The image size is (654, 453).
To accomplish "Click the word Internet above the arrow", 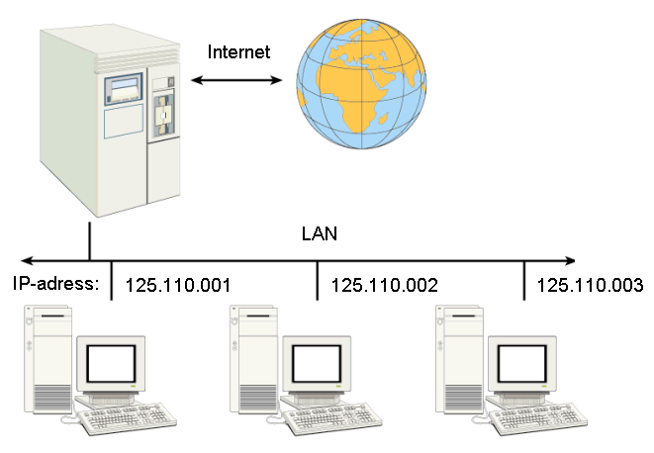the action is point(238,51).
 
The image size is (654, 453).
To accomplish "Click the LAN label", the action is point(319,233).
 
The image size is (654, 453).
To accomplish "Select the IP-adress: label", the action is point(55,283).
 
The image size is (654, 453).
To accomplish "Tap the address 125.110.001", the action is point(178,285).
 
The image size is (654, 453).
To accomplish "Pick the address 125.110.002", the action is point(384,285).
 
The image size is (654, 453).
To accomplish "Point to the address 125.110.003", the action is point(590,285).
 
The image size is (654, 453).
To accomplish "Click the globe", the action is point(361,84).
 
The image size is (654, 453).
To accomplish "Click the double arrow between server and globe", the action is point(236,80).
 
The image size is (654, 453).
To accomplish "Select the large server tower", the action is point(110,120).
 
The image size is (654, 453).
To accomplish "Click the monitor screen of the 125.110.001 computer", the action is point(111,364).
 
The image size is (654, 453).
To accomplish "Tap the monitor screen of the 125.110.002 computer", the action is point(317,364).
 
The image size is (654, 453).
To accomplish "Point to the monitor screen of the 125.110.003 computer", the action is point(522,364).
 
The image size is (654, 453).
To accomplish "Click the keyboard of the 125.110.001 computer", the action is point(128,418).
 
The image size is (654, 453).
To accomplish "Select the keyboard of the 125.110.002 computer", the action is point(332,418).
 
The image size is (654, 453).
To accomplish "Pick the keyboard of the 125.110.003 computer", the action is point(538,418).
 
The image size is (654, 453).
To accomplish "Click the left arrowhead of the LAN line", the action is point(26,261).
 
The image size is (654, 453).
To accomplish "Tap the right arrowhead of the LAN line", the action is point(570,261).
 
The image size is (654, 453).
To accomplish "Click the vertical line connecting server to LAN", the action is point(90,241).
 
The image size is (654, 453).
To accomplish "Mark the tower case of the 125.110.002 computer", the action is point(254,360).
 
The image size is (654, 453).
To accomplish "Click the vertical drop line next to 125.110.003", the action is point(524,280).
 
